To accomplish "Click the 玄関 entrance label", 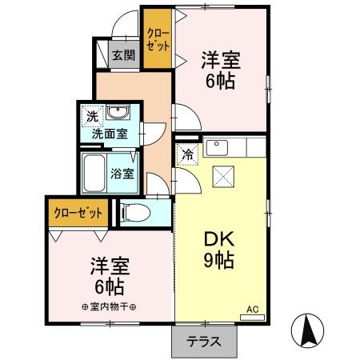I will coord(123,56).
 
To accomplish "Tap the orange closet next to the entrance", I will coord(156,38).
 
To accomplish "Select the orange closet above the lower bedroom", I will coord(78,214).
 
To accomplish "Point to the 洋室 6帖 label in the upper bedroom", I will coord(220,70).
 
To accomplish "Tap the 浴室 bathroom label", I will coord(122,172).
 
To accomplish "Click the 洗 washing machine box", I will coord(93,117).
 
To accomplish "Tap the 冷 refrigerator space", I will coord(187,155).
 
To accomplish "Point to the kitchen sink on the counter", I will coord(217,148).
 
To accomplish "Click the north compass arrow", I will coord(309,329).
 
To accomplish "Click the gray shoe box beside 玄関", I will coord(103,54).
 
